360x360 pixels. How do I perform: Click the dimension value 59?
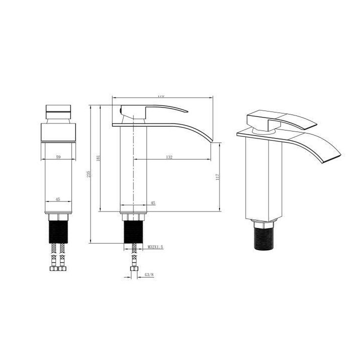click(x=58, y=157)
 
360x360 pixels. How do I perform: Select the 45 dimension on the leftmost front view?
click(x=58, y=199)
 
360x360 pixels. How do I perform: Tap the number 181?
click(x=99, y=157)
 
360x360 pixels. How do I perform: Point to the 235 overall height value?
click(x=88, y=174)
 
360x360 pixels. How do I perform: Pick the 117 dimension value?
click(x=217, y=176)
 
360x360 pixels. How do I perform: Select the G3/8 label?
click(x=148, y=274)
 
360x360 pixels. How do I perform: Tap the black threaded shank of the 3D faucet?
click(x=265, y=237)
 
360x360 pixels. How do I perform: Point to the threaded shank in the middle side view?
click(x=133, y=232)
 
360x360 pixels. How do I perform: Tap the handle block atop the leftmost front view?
click(x=58, y=112)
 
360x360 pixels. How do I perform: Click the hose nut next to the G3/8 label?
click(x=133, y=270)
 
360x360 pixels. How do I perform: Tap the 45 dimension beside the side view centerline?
click(x=153, y=203)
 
